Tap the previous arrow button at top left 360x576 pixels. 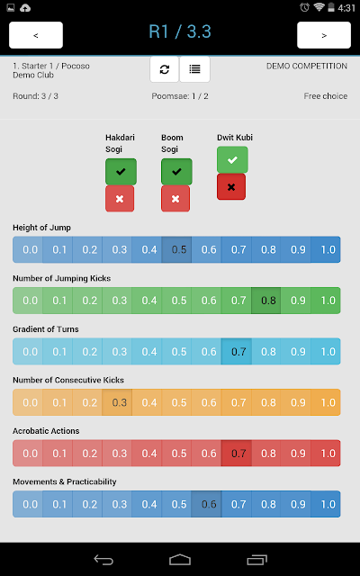pos(36,35)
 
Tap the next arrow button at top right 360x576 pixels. pos(324,35)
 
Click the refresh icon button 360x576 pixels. pos(165,69)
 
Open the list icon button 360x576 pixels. pos(194,69)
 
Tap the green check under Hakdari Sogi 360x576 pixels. pos(121,172)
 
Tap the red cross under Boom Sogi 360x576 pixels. pos(175,199)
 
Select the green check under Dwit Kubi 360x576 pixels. pos(232,160)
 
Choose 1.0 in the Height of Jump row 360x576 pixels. pos(326,249)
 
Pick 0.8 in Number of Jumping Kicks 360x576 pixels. pos(266,301)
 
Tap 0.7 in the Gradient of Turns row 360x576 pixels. pos(236,352)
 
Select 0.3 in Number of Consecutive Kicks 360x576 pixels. pos(117,402)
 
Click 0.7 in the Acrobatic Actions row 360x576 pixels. pos(236,454)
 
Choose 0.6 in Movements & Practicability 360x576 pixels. pos(206,504)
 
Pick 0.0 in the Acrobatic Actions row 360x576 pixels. pos(28,454)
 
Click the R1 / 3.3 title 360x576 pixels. pos(180,31)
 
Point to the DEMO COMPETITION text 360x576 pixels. pos(307,66)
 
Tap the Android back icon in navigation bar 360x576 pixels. pos(103,560)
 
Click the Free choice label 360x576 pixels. pos(326,96)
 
